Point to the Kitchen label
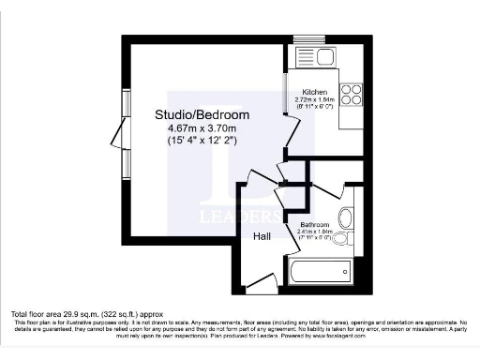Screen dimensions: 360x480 point(314,92)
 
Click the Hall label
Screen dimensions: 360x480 point(262,236)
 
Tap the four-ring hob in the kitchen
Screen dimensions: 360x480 point(351,95)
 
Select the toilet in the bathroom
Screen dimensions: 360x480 point(345,219)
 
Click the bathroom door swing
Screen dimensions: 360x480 point(285,201)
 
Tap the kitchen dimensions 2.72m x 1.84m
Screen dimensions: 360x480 point(314,99)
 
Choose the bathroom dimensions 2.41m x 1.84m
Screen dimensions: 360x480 point(314,233)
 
